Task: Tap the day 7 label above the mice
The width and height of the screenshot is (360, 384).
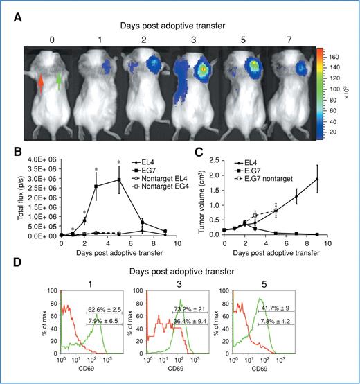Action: pos(302,34)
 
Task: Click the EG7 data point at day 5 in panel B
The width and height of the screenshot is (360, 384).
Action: pos(120,180)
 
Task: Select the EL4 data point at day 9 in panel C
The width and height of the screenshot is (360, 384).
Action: pos(318,179)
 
